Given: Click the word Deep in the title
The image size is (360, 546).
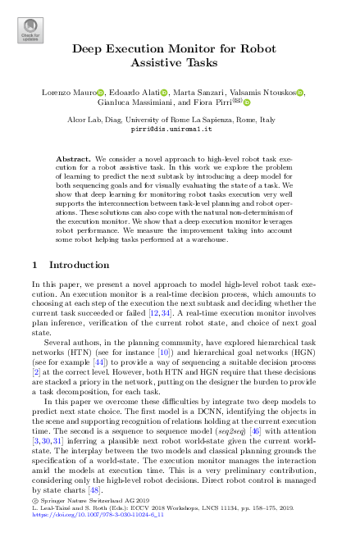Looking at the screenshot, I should tap(88, 48).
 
